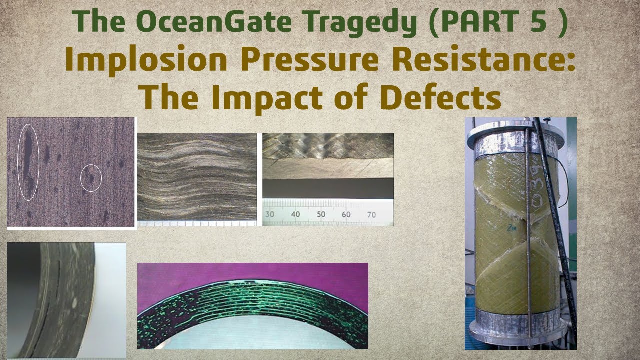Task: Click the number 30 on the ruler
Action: tap(270, 214)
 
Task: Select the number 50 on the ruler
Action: tap(321, 214)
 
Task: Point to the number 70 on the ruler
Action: tap(372, 214)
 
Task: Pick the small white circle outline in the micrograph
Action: tap(91, 178)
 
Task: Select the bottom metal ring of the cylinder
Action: tap(520, 320)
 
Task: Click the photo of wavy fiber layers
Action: tap(197, 177)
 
